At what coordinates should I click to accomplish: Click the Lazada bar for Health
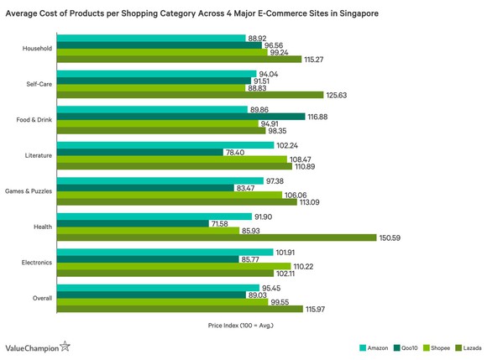217,237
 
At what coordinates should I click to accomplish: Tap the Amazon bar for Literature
166,144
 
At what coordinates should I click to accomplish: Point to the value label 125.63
337,95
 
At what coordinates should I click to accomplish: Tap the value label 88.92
258,38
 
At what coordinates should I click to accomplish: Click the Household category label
38,49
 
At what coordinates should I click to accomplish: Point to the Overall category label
41,297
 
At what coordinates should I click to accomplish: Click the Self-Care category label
39,84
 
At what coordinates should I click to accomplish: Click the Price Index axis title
239,324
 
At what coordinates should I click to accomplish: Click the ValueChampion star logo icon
65,345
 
